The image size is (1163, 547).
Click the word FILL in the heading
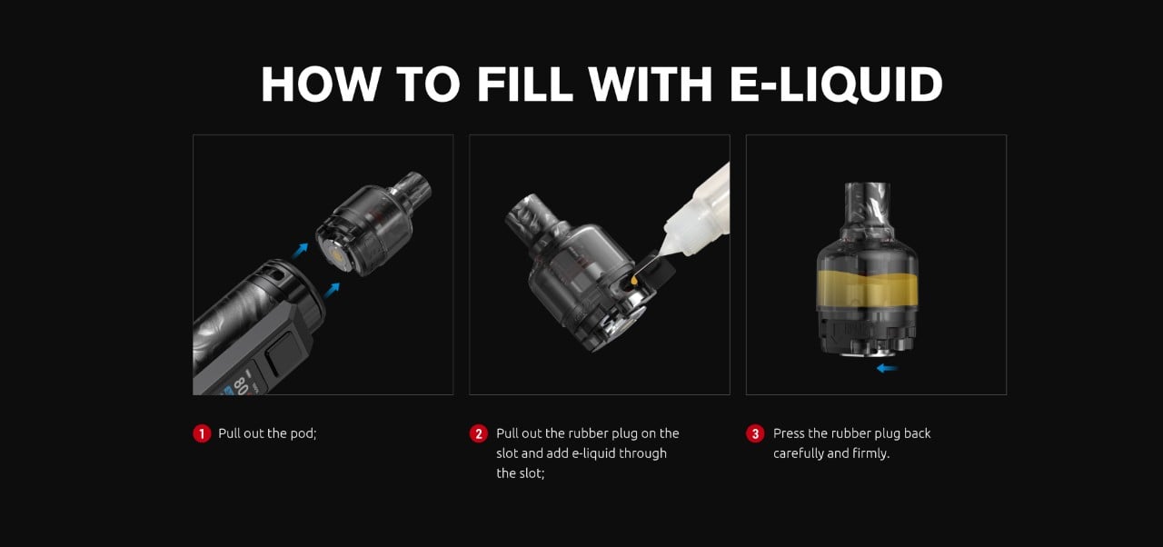point(524,85)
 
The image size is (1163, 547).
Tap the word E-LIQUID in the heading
point(836,85)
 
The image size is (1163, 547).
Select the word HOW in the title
point(321,85)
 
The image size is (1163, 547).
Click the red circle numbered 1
point(202,433)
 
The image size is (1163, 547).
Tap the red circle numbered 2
point(479,433)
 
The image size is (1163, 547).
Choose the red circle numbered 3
point(755,433)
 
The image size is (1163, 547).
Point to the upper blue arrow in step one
point(300,251)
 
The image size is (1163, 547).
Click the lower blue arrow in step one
point(332,290)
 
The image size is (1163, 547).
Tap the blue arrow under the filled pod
point(888,369)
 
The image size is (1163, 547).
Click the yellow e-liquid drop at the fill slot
point(634,280)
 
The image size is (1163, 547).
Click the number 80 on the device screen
point(240,385)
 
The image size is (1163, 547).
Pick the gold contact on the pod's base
point(336,254)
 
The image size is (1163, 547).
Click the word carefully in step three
point(798,453)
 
